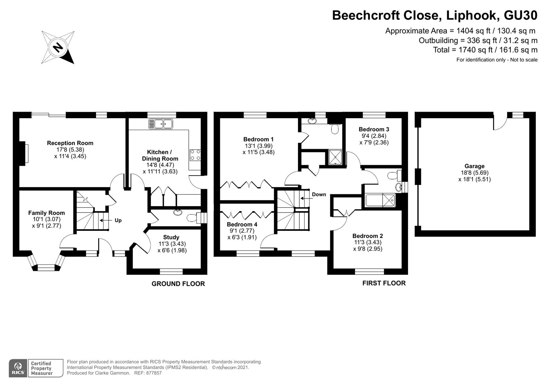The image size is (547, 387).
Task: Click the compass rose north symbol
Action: pyautogui.click(x=58, y=47)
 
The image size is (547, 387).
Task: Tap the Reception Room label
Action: pyautogui.click(x=70, y=143)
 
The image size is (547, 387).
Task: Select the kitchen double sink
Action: pyautogui.click(x=161, y=124)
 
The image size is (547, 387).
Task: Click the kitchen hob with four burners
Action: pyautogui.click(x=196, y=155)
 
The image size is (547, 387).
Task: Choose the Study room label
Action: pyautogui.click(x=171, y=237)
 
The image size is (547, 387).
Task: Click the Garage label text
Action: pyautogui.click(x=474, y=166)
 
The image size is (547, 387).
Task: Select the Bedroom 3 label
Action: pyautogui.click(x=374, y=129)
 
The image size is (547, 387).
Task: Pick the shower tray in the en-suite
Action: pyautogui.click(x=336, y=157)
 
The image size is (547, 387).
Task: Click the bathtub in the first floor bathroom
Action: pyautogui.click(x=380, y=200)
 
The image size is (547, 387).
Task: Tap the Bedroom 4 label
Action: pyautogui.click(x=242, y=224)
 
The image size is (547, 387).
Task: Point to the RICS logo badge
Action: pyautogui.click(x=18, y=368)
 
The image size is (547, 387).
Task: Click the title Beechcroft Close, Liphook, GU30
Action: pyautogui.click(x=435, y=15)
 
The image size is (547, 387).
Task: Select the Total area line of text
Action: pyautogui.click(x=485, y=50)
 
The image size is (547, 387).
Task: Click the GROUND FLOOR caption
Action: pyautogui.click(x=178, y=284)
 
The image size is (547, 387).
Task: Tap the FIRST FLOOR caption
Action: pyautogui.click(x=384, y=283)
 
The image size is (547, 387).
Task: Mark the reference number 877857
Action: pyautogui.click(x=153, y=373)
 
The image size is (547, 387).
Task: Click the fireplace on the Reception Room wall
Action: pyautogui.click(x=24, y=153)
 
